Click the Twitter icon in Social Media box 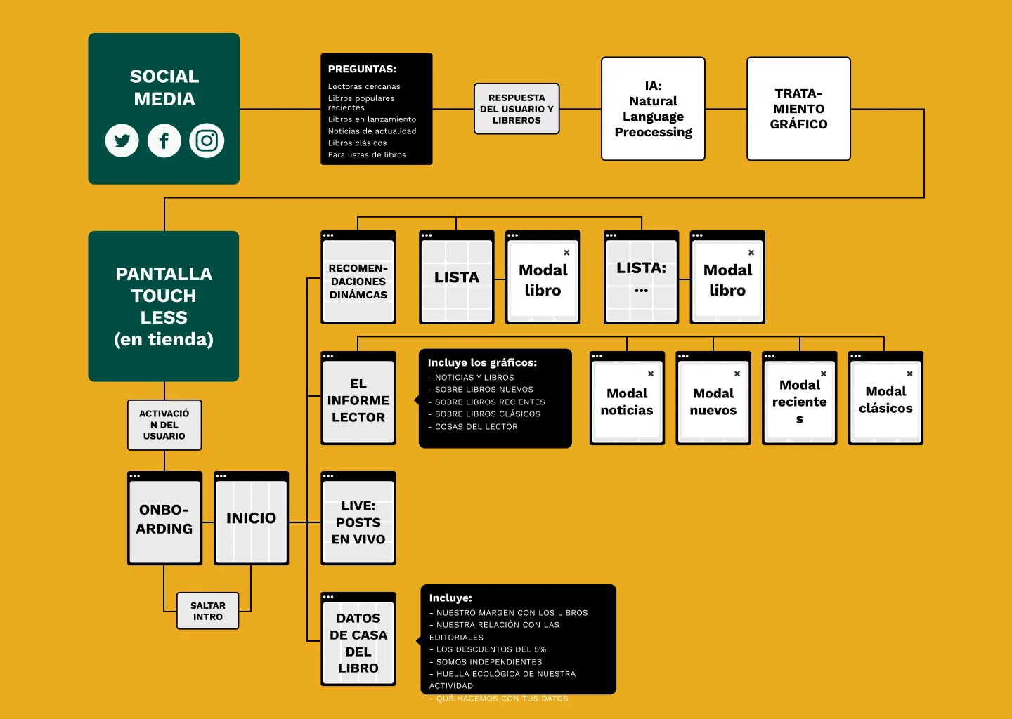122,140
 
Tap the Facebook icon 164,140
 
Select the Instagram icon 207,140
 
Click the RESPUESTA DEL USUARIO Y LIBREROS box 517,109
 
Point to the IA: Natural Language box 653,109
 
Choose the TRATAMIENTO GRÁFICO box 798,109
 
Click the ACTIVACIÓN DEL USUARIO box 164,425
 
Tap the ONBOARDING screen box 164,519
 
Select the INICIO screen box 251,519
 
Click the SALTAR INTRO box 208,611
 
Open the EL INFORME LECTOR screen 358,400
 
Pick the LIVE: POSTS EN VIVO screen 358,522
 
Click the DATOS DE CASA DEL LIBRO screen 358,642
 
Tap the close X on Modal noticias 651,374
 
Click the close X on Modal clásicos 909,374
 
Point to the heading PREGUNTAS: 362,69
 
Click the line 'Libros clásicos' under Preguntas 357,143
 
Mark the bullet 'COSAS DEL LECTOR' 476,427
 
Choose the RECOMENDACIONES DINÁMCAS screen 358,281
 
